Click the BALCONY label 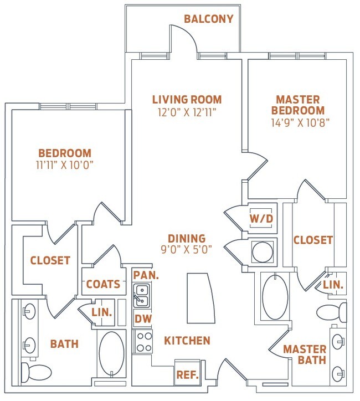209,19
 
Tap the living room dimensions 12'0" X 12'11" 187,112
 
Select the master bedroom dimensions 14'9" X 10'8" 300,123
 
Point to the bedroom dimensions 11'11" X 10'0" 64,165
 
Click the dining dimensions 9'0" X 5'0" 187,249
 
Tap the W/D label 261,219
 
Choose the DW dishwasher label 143,318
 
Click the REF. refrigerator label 187,374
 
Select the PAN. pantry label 146,275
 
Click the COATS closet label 104,284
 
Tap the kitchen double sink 142,295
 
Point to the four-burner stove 142,342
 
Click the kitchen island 201,298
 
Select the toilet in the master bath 332,312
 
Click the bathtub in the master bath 275,296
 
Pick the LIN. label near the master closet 333,285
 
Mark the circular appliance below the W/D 263,251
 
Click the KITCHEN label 187,341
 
